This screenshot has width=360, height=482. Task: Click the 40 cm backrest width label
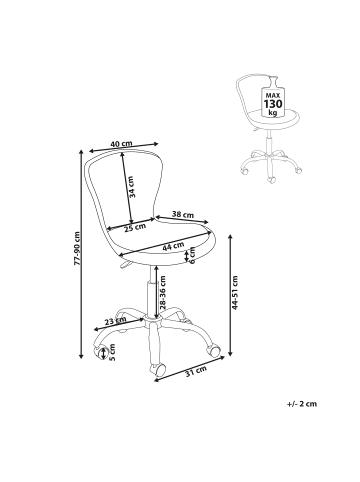click(x=121, y=144)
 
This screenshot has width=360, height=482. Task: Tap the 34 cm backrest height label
click(x=132, y=187)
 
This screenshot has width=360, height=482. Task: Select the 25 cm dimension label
click(x=135, y=227)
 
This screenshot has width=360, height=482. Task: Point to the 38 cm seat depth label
click(x=182, y=215)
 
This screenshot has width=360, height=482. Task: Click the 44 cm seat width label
click(x=173, y=246)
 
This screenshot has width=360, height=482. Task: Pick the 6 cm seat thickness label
click(x=192, y=256)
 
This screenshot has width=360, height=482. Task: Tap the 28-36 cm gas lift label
click(x=163, y=293)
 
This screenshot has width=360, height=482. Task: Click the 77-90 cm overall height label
click(x=77, y=248)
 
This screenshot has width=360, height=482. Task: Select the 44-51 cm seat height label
click(x=235, y=293)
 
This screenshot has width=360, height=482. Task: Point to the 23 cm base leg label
click(x=115, y=321)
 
